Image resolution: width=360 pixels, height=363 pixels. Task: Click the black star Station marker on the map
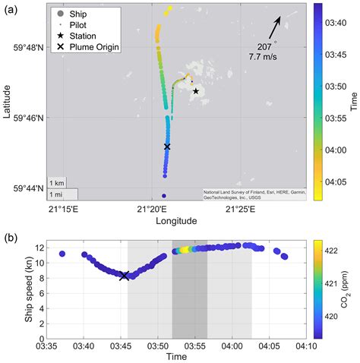tap(196, 91)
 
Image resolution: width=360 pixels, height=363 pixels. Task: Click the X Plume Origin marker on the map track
tap(167, 146)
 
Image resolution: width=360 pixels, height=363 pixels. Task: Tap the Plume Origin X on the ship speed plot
tap(124, 275)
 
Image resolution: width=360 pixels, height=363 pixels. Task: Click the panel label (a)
tap(10, 7)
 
